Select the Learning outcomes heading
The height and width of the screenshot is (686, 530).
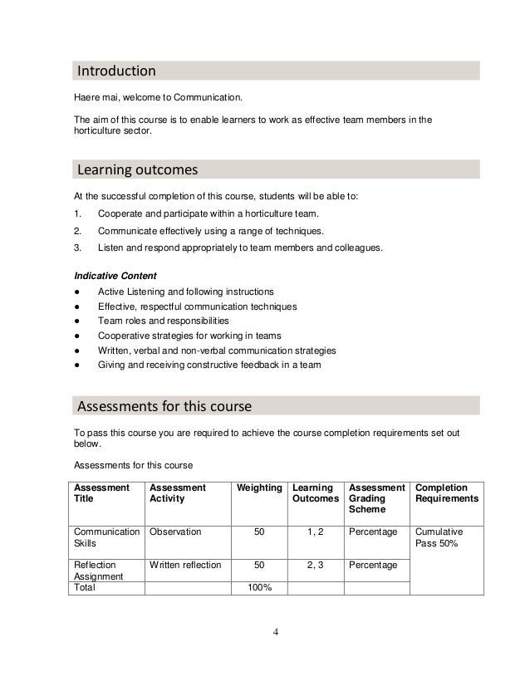(137, 170)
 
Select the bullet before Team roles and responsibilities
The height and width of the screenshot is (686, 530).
(76, 321)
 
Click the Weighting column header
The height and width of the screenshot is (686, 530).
(259, 488)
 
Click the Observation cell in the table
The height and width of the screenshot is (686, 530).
(175, 531)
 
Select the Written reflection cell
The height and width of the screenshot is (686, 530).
(185, 565)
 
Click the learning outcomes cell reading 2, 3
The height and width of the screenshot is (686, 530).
(315, 565)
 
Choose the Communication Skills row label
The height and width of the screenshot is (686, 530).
(107, 537)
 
